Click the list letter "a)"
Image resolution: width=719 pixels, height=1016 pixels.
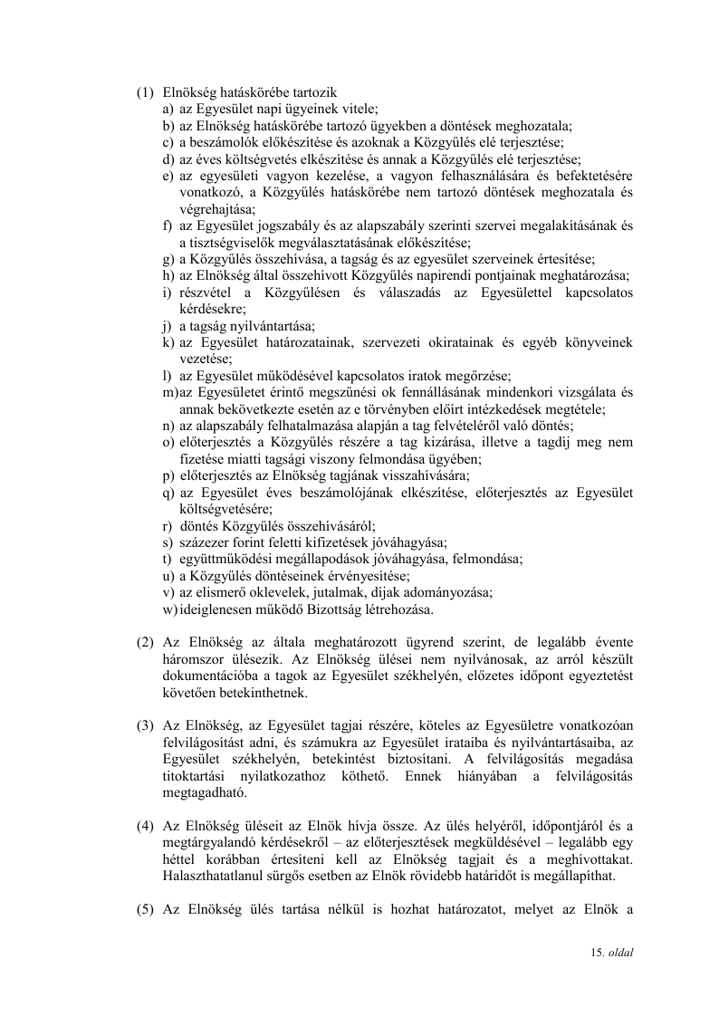[x=169, y=109]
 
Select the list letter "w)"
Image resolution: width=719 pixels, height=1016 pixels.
[x=170, y=609]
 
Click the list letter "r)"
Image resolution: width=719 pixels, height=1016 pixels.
[x=168, y=525]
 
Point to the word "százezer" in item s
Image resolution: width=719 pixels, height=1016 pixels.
[x=201, y=542]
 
